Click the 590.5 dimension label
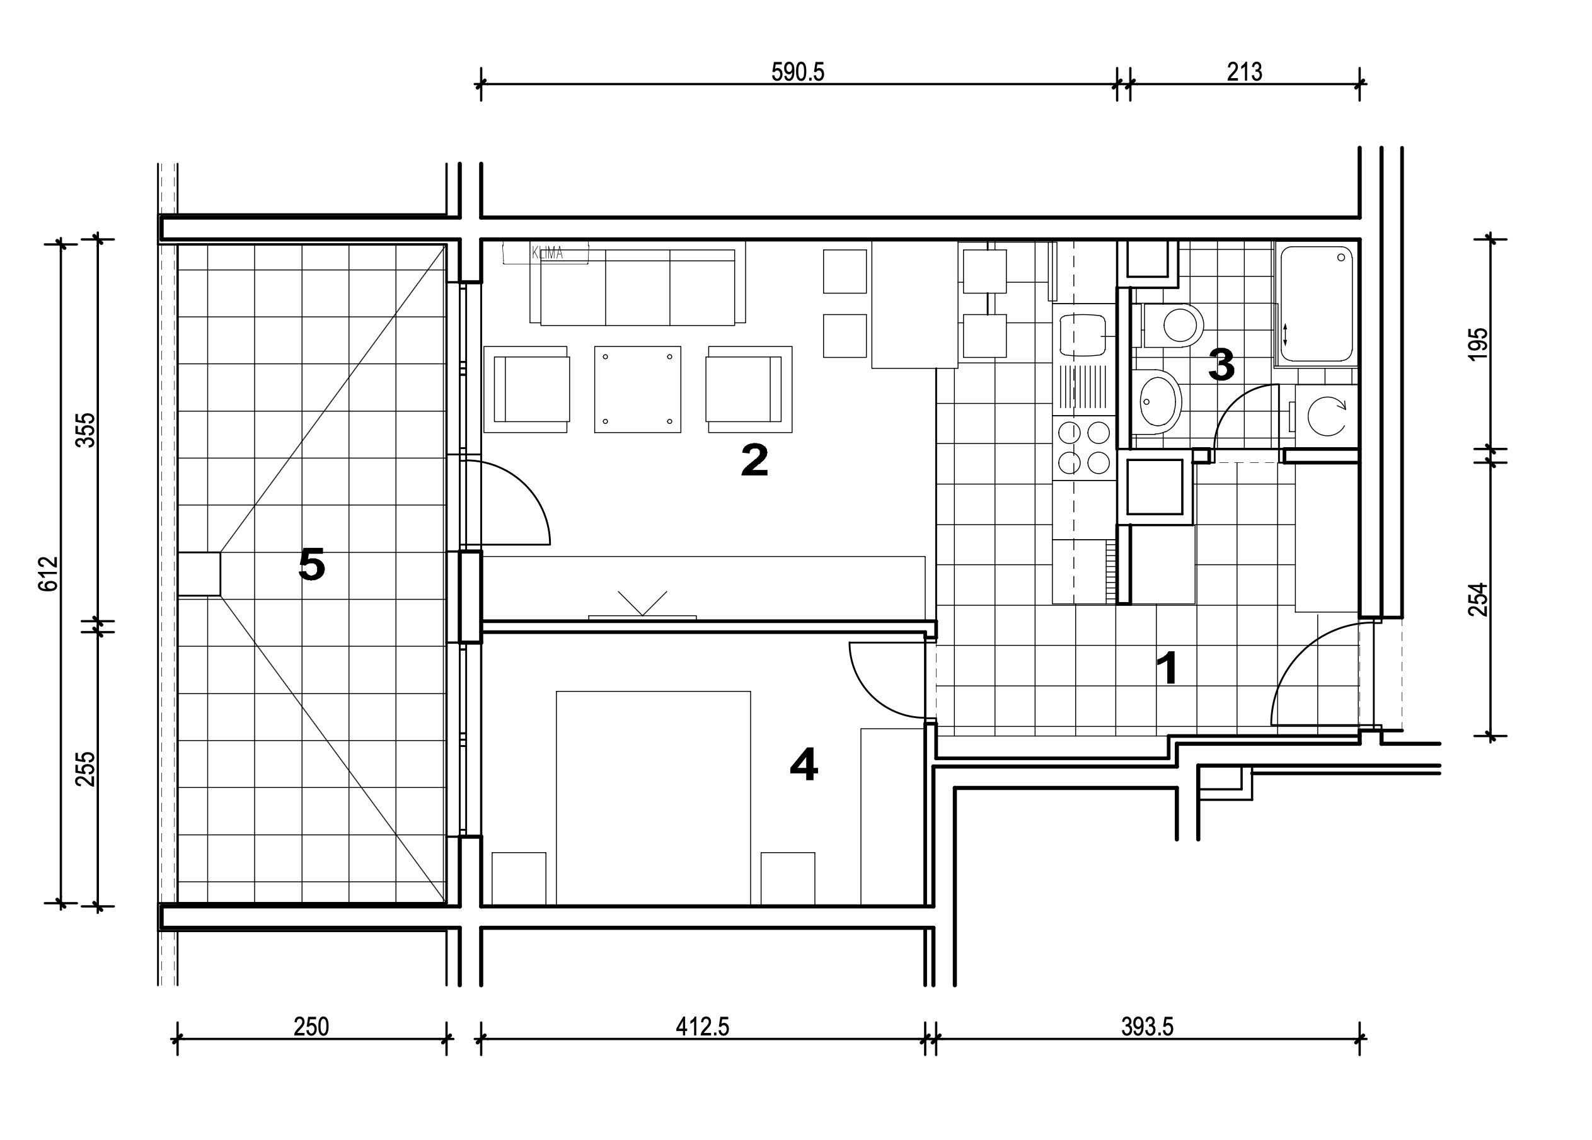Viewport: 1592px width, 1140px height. click(x=797, y=72)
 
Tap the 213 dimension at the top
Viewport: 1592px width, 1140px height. click(x=1245, y=72)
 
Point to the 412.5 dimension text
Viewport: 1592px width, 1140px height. click(x=703, y=1027)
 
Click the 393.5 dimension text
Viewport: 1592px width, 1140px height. click(x=1147, y=1027)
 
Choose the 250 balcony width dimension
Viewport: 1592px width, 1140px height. click(x=311, y=1027)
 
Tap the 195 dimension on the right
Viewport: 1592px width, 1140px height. click(x=1477, y=344)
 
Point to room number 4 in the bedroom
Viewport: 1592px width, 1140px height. click(x=804, y=764)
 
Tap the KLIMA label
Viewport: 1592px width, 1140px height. click(x=547, y=253)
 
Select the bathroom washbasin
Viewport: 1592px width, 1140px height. click(x=1159, y=401)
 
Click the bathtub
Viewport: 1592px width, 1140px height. click(x=1316, y=304)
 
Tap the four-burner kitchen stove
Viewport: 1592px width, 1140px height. click(x=1084, y=448)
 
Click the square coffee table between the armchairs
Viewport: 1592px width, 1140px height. click(x=637, y=389)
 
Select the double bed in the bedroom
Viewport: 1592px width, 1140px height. click(x=654, y=799)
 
